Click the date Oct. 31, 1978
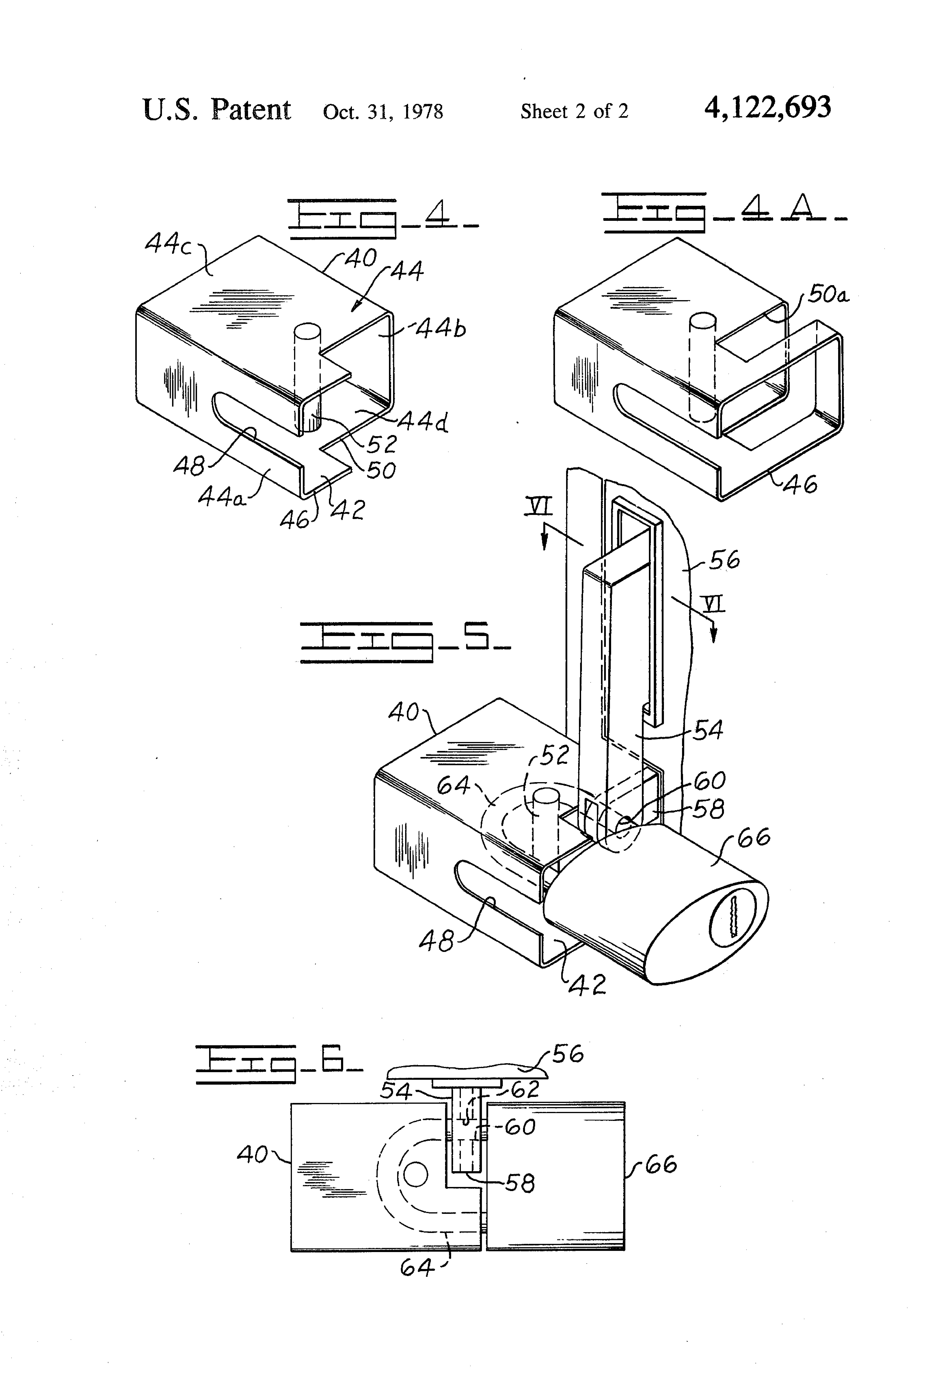(x=383, y=111)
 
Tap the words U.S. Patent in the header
(x=217, y=110)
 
